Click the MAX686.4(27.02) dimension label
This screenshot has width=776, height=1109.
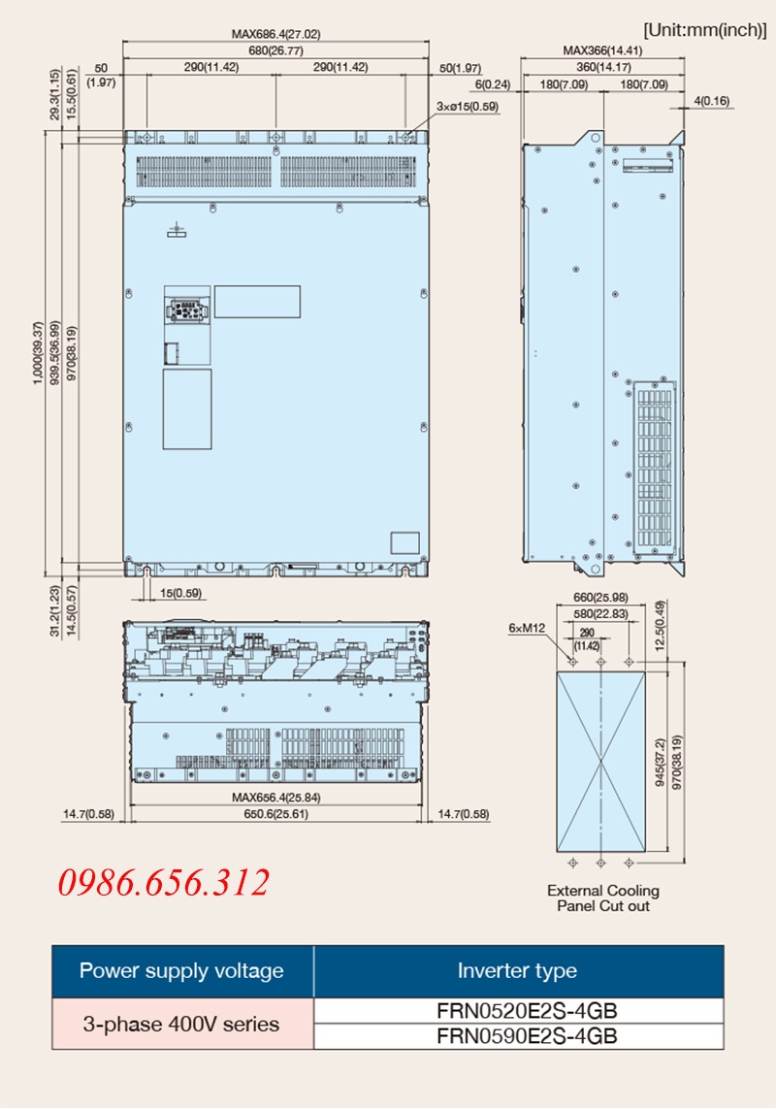point(275,34)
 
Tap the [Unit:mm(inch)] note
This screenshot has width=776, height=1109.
point(704,30)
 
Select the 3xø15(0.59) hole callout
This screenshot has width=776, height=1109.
point(467,107)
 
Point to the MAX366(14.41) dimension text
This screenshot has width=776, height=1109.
point(602,50)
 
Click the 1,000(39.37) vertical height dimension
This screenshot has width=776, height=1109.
point(38,353)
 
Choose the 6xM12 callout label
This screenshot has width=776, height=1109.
point(527,628)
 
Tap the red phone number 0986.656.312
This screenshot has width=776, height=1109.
point(163,883)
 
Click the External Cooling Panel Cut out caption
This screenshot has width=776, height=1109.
point(602,898)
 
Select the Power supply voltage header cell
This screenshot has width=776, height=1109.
point(181,970)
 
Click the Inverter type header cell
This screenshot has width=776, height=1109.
point(517,970)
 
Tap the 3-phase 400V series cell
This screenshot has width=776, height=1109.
point(181,1024)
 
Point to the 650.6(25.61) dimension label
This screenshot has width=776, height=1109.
point(275,814)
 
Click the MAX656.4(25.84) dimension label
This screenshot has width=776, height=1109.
point(275,798)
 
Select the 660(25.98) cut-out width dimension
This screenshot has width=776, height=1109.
point(600,598)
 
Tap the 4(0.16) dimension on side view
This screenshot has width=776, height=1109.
point(712,101)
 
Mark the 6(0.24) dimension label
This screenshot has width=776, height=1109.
point(493,84)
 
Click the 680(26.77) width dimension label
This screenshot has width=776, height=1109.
point(275,50)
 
